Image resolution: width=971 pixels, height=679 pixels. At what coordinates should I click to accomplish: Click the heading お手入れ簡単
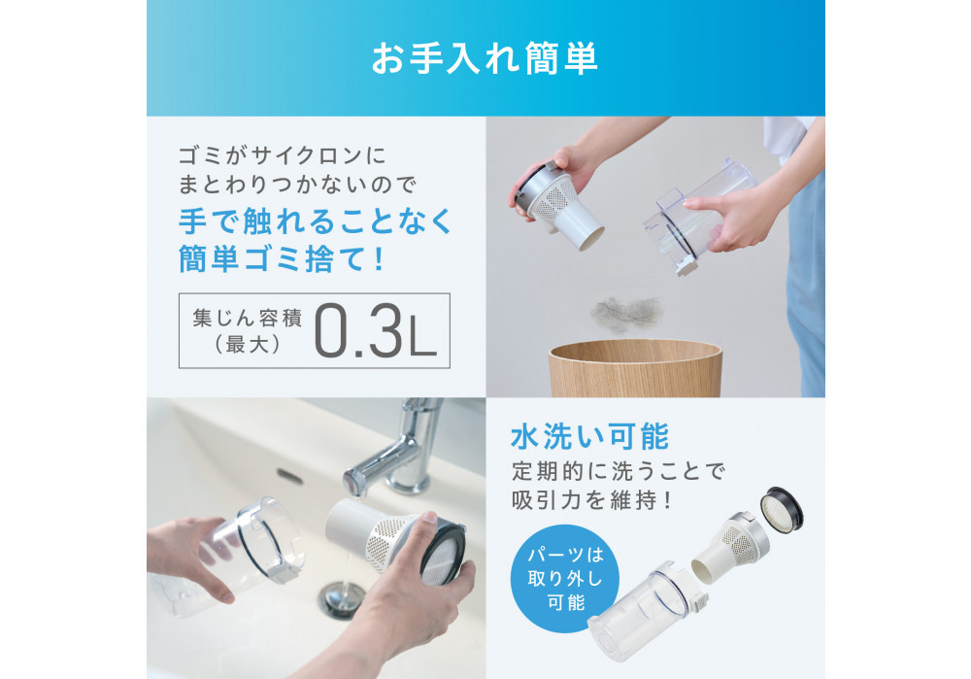click(x=485, y=58)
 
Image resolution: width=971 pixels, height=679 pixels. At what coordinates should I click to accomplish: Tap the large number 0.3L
click(x=375, y=331)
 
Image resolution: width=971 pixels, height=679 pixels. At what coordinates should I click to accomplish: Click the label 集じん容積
click(x=247, y=318)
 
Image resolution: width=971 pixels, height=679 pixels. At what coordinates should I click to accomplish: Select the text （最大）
click(x=247, y=345)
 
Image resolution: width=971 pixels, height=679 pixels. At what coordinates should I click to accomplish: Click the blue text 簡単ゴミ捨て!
click(x=282, y=257)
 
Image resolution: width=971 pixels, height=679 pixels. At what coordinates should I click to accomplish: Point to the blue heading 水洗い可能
click(x=590, y=436)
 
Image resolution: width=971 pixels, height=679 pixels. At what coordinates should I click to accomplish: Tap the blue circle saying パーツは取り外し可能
click(x=565, y=578)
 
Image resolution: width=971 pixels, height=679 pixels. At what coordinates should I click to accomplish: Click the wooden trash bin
click(x=635, y=368)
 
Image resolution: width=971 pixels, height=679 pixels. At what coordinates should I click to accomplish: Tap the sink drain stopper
click(x=339, y=598)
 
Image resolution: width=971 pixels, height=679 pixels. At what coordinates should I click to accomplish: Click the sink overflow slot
click(x=289, y=476)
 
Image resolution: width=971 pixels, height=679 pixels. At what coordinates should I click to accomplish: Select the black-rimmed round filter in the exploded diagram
click(x=782, y=509)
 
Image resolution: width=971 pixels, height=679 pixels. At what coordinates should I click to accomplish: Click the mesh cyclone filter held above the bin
click(x=558, y=205)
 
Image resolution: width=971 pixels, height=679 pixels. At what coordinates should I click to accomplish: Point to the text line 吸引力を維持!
click(x=591, y=500)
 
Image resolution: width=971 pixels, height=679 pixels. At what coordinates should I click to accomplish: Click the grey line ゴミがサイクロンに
click(x=282, y=154)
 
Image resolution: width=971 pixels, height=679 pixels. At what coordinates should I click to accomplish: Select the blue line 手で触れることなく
click(x=316, y=221)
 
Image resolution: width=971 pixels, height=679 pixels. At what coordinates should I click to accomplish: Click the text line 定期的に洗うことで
click(x=618, y=471)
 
